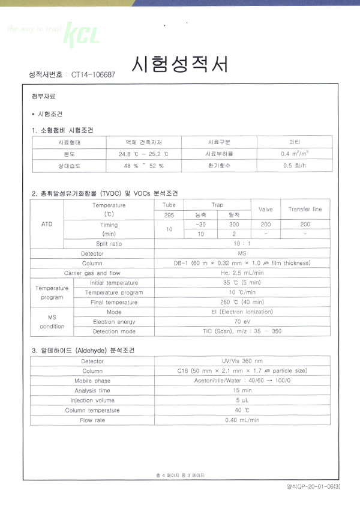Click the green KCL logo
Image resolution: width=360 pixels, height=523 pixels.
click(x=82, y=34)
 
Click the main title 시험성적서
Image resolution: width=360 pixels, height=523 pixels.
click(x=179, y=64)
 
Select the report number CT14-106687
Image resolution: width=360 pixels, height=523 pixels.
click(x=93, y=75)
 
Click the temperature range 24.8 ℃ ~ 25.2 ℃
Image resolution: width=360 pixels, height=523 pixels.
click(x=144, y=154)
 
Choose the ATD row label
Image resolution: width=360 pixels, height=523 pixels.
click(x=47, y=224)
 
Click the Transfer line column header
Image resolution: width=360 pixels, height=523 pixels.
click(x=305, y=209)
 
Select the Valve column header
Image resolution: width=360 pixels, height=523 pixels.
click(x=265, y=209)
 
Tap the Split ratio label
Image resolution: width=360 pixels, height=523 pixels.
click(x=109, y=243)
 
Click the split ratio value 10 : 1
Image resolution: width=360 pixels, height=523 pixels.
click(x=242, y=243)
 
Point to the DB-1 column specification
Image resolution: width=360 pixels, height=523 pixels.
click(x=242, y=263)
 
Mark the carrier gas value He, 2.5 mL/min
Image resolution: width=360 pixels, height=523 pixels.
click(x=242, y=273)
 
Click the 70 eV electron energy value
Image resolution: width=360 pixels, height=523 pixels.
click(x=242, y=321)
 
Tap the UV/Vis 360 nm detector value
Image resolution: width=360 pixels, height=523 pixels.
click(x=242, y=361)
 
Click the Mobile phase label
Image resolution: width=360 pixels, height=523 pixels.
click(x=92, y=381)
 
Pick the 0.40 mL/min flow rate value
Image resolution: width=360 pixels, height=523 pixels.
click(x=242, y=420)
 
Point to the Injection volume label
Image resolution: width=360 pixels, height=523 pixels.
click(x=92, y=400)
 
